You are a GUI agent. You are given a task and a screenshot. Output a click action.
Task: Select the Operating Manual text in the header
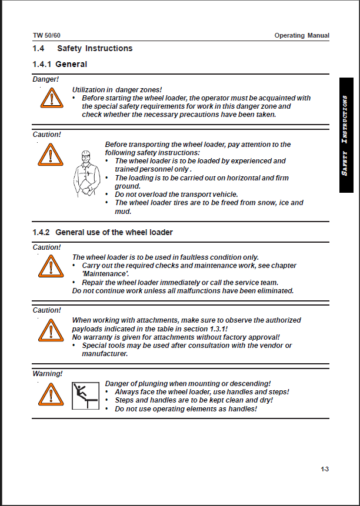pyautogui.click(x=302, y=35)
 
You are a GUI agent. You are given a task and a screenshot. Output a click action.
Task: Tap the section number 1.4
pyautogui.click(x=38, y=48)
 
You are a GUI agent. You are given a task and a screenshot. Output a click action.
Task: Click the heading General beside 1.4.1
pyautogui.click(x=71, y=64)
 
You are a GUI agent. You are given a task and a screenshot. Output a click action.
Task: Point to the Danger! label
pyautogui.click(x=46, y=79)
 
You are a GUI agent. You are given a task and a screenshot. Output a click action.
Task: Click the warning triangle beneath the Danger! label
pyautogui.click(x=52, y=97)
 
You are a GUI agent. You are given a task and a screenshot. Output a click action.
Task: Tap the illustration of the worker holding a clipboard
pyautogui.click(x=85, y=174)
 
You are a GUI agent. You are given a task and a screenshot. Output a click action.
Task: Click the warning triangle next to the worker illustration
pyautogui.click(x=51, y=155)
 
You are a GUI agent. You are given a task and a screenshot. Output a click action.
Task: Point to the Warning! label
pyautogui.click(x=47, y=373)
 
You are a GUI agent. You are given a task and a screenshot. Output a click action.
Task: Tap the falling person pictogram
pyautogui.click(x=85, y=395)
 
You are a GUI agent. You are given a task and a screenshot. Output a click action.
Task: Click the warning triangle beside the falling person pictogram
pyautogui.click(x=51, y=394)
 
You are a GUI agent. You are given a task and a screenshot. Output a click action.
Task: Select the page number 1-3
pyautogui.click(x=324, y=469)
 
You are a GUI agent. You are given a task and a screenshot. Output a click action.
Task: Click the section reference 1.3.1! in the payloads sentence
pyautogui.click(x=215, y=329)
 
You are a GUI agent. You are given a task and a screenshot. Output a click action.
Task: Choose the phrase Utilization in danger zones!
pyautogui.click(x=117, y=89)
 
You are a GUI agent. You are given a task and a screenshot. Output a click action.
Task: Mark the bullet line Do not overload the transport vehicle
pyautogui.click(x=176, y=194)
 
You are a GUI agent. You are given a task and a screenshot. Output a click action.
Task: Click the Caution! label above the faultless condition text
pyautogui.click(x=46, y=247)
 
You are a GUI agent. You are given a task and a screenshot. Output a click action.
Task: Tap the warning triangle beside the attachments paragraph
pyautogui.click(x=51, y=330)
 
